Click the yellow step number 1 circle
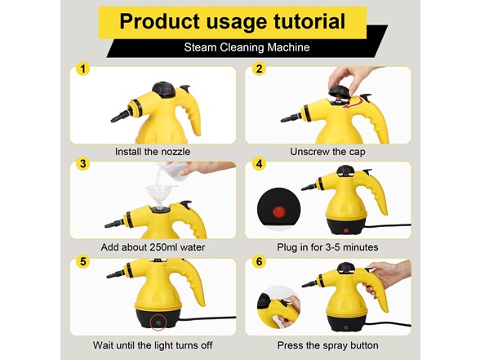83,69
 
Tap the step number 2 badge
259,69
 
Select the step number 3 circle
83,164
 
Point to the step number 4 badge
259,164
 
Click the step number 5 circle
83,262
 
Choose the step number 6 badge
259,262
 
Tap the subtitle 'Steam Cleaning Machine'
247,47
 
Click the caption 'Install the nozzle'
153,152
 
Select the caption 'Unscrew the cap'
327,152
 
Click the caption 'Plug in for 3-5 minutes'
327,247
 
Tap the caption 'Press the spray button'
327,345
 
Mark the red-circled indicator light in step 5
158,322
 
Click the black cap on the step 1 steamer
164,90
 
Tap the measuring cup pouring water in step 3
173,169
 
